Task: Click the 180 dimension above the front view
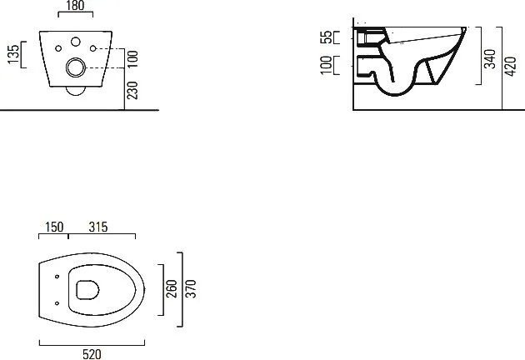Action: pyautogui.click(x=75, y=5)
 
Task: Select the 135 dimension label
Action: pyautogui.click(x=13, y=54)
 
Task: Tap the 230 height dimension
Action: pyautogui.click(x=132, y=91)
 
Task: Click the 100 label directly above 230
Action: pyautogui.click(x=132, y=59)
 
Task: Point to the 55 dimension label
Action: pyautogui.click(x=326, y=37)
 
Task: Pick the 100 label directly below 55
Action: pyautogui.click(x=326, y=65)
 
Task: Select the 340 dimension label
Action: pyautogui.click(x=490, y=59)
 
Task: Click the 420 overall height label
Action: pyautogui.click(x=511, y=67)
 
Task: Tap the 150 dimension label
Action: pyautogui.click(x=54, y=227)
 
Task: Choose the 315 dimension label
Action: pyautogui.click(x=98, y=227)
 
